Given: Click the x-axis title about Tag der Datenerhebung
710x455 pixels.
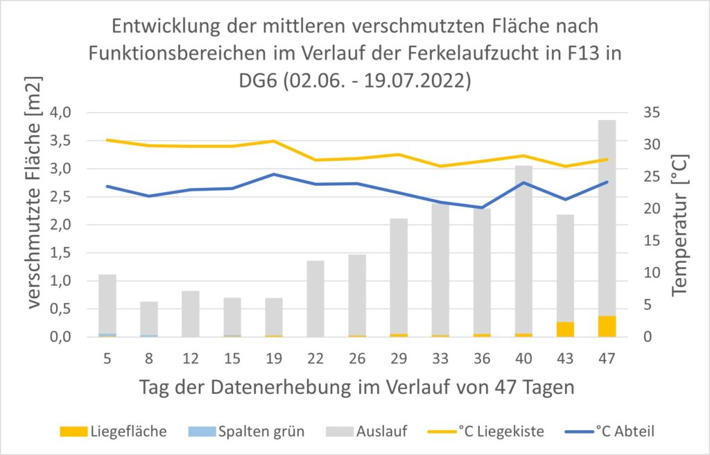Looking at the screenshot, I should pyautogui.click(x=357, y=387).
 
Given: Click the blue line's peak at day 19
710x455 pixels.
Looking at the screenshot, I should pyautogui.click(x=274, y=174).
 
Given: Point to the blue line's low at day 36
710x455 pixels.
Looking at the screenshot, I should pyautogui.click(x=482, y=207).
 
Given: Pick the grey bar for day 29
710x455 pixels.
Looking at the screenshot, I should pyautogui.click(x=399, y=277).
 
